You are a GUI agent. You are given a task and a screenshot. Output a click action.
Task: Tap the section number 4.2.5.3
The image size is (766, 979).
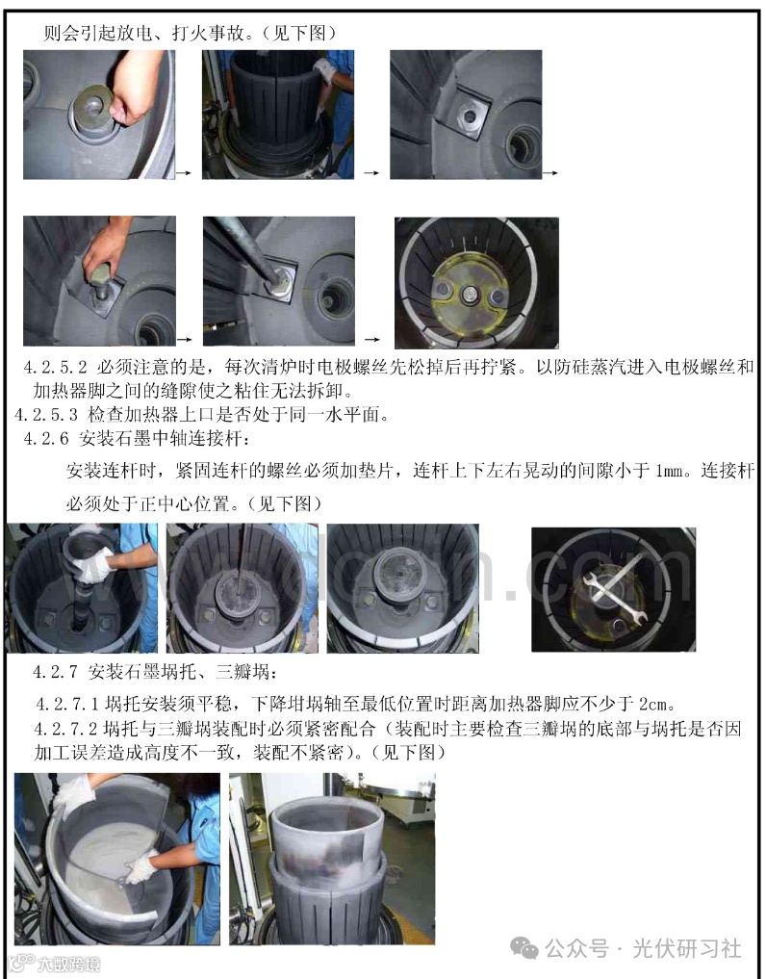click(46, 414)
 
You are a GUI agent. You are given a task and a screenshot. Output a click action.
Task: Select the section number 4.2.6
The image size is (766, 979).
click(46, 439)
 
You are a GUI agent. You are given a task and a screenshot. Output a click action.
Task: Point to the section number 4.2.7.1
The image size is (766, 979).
click(67, 705)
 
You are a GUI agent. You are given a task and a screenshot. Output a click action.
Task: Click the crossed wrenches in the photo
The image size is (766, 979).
click(612, 579)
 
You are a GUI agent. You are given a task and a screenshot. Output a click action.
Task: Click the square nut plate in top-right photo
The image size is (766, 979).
click(467, 115)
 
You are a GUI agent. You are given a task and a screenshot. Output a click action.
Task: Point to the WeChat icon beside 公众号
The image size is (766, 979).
click(523, 949)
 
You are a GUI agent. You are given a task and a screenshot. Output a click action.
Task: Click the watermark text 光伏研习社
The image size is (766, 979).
click(687, 949)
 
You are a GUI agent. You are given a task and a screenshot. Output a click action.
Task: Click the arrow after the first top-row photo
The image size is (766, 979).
click(184, 173)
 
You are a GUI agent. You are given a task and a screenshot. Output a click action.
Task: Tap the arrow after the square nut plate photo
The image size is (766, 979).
click(550, 173)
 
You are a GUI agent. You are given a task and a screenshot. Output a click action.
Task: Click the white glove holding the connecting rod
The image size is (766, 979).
click(91, 565)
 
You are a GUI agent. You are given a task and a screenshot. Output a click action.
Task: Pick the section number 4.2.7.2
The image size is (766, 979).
click(67, 729)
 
